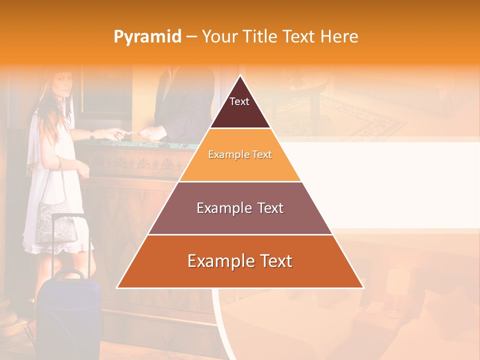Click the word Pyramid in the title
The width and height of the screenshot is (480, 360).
coord(147,37)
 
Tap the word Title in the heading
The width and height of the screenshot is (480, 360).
coord(261,37)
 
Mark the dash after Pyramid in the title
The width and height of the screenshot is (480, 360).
coord(191,37)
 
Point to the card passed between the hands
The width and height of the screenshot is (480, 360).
coord(129,132)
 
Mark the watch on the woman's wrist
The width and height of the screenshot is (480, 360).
coord(92,134)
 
